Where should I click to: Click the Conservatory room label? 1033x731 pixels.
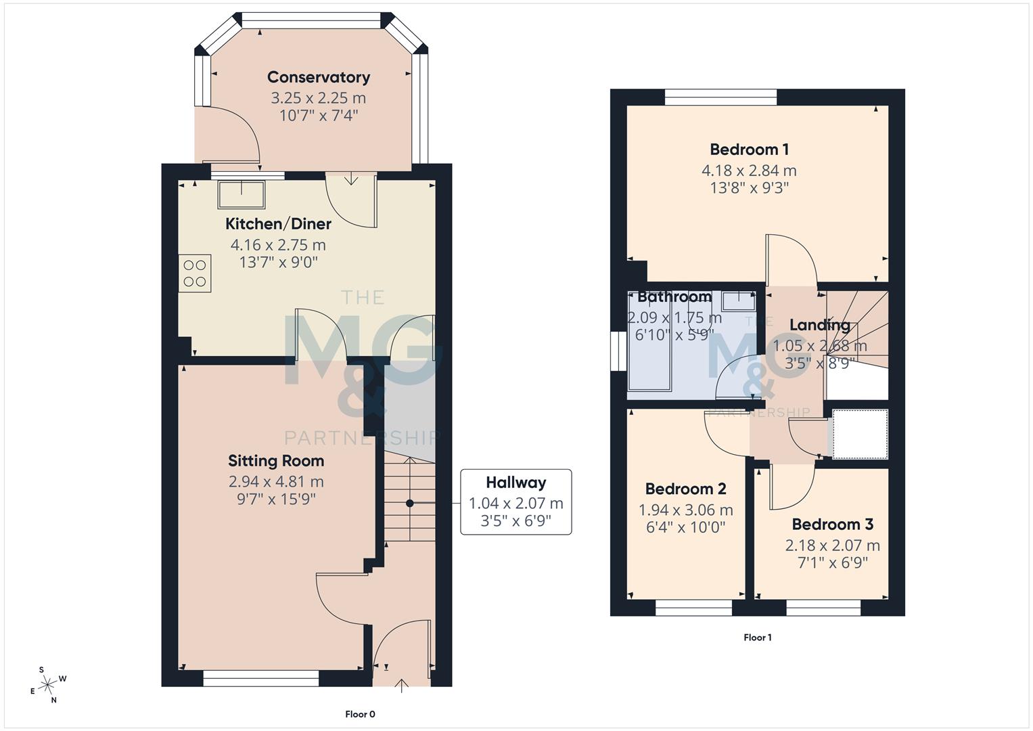[x=318, y=77]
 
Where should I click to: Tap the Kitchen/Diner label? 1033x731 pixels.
[x=278, y=224]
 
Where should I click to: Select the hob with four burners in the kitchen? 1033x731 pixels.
[x=195, y=273]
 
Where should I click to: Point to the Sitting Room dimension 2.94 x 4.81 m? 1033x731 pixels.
[x=276, y=482]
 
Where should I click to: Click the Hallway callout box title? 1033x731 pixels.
[x=515, y=483]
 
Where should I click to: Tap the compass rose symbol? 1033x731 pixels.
[x=47, y=685]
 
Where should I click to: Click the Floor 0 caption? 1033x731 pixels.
[x=360, y=714]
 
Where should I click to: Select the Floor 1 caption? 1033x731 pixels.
[x=757, y=638]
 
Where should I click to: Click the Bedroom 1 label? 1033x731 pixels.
[x=749, y=150]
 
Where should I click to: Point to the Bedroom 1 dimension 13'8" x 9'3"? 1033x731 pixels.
[x=749, y=188]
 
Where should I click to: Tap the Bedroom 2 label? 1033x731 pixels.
[x=685, y=489]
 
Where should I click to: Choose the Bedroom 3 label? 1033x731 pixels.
[x=832, y=525]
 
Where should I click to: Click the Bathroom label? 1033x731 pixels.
[x=674, y=296]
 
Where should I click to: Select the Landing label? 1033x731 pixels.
[x=819, y=325]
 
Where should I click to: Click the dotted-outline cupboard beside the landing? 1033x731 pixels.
[x=859, y=434]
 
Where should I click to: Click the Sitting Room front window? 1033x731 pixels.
[x=260, y=678]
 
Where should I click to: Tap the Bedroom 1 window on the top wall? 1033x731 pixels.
[x=720, y=97]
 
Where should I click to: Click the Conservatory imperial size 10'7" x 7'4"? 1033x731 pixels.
[x=318, y=116]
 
